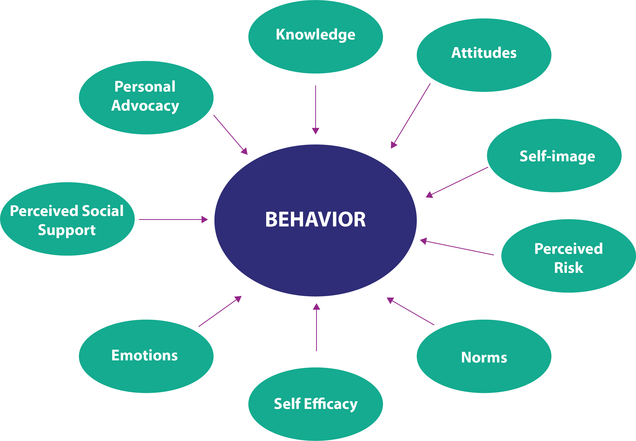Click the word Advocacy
[145, 106]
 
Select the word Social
[103, 211]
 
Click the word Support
[67, 230]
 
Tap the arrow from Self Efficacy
[316, 328]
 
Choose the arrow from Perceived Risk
[457, 248]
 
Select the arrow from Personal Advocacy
[230, 135]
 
